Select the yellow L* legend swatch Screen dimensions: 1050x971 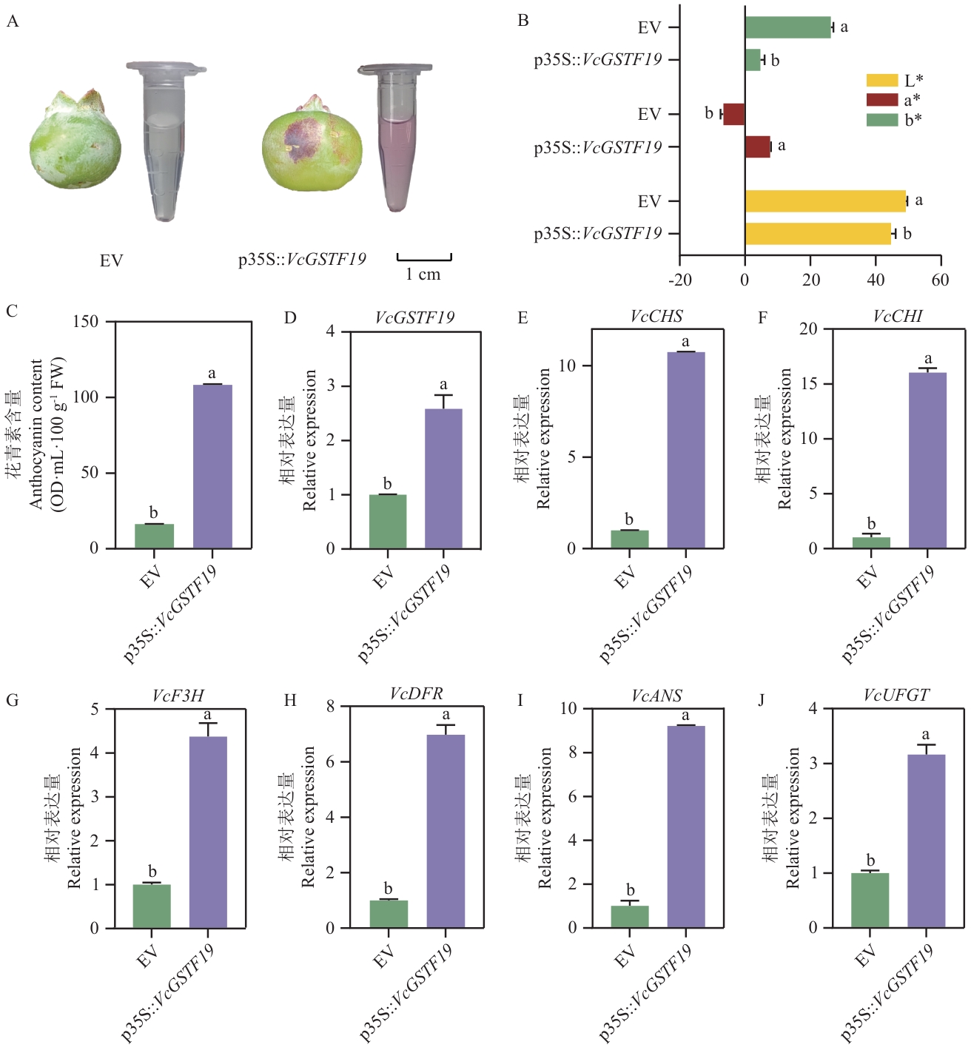[882, 80]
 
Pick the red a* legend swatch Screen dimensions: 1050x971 [882, 100]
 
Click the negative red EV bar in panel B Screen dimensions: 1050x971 [734, 114]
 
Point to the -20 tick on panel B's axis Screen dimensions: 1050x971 [680, 280]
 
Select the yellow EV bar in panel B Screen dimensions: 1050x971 [825, 201]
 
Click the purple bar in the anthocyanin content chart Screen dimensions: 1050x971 [212, 466]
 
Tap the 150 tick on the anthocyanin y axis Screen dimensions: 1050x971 [86, 321]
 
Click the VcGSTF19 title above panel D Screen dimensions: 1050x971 [414, 317]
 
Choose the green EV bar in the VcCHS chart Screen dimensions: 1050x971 [630, 539]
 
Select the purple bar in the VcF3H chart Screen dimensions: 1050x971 [208, 832]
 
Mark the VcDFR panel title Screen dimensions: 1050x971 [416, 694]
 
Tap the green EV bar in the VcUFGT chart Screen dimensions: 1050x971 [870, 900]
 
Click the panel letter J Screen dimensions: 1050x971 [762, 700]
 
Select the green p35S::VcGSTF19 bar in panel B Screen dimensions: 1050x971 [753, 60]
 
